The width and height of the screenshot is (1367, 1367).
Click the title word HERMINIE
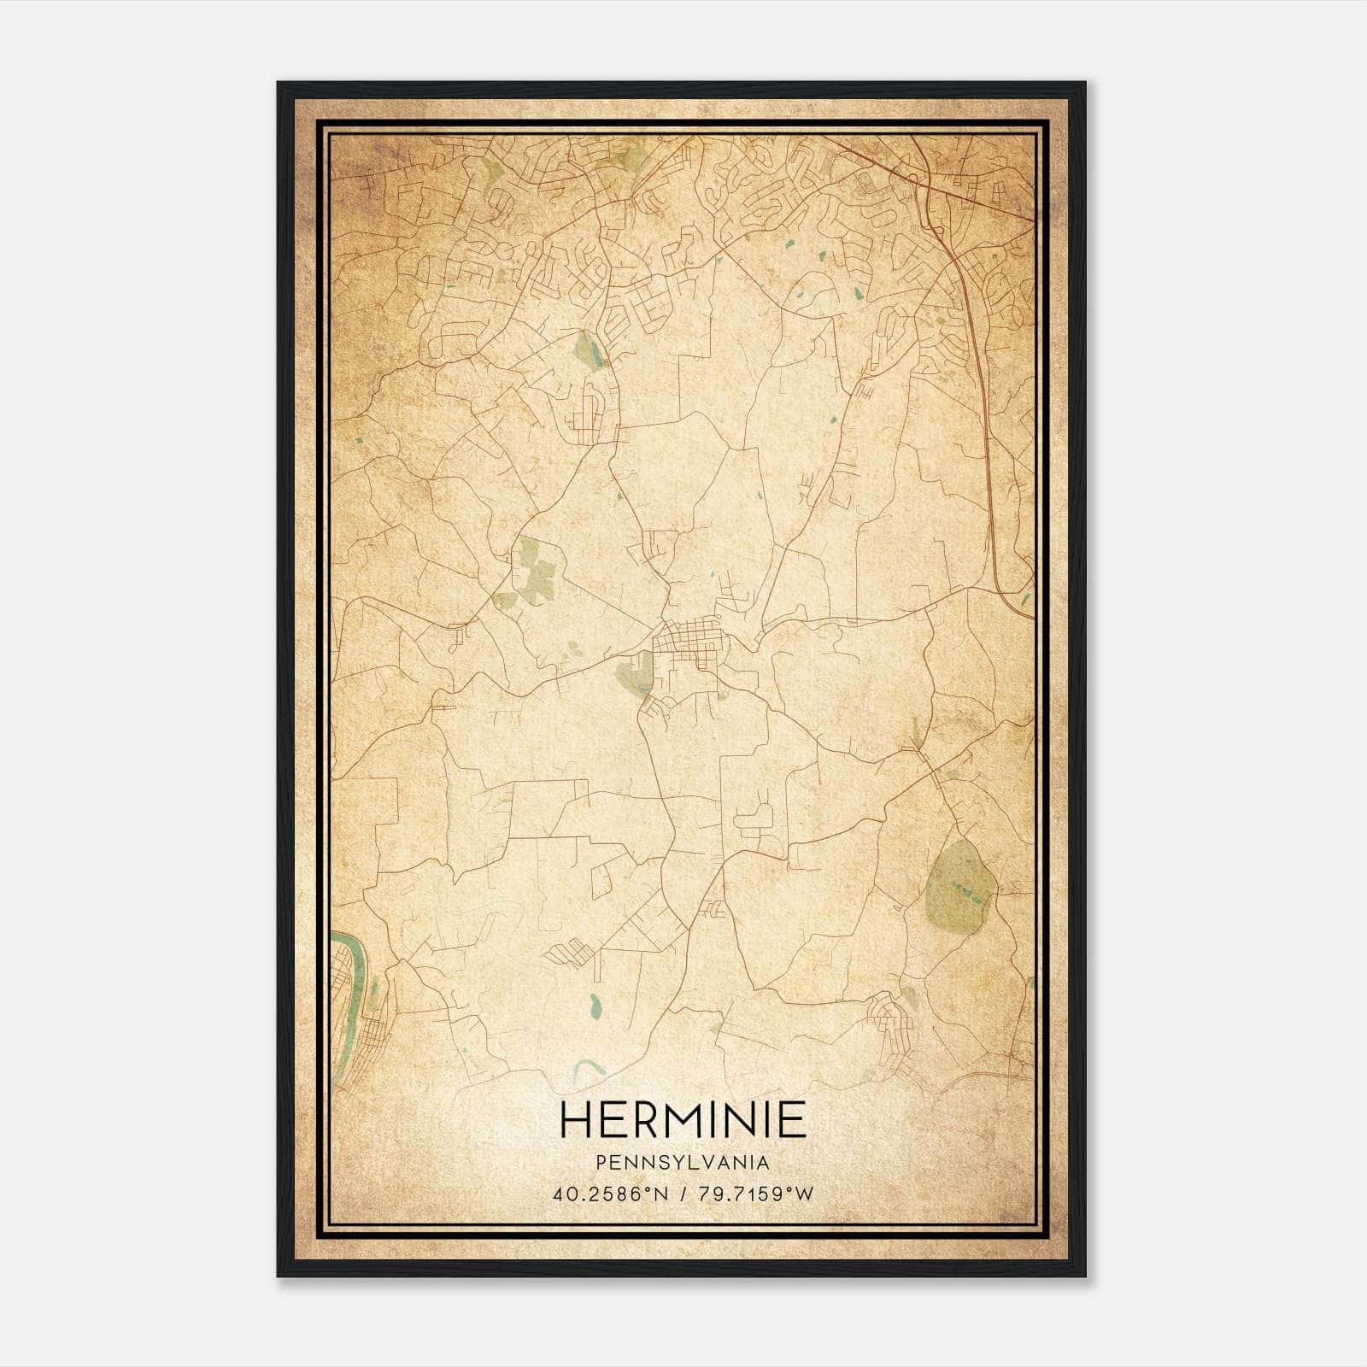pyautogui.click(x=683, y=1119)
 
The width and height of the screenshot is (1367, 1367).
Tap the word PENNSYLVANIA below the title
pyautogui.click(x=683, y=1163)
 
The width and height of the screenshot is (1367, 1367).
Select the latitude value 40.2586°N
pyautogui.click(x=609, y=1194)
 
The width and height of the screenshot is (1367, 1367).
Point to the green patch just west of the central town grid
pyautogui.click(x=635, y=675)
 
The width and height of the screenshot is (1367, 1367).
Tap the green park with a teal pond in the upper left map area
pyautogui.click(x=588, y=350)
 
